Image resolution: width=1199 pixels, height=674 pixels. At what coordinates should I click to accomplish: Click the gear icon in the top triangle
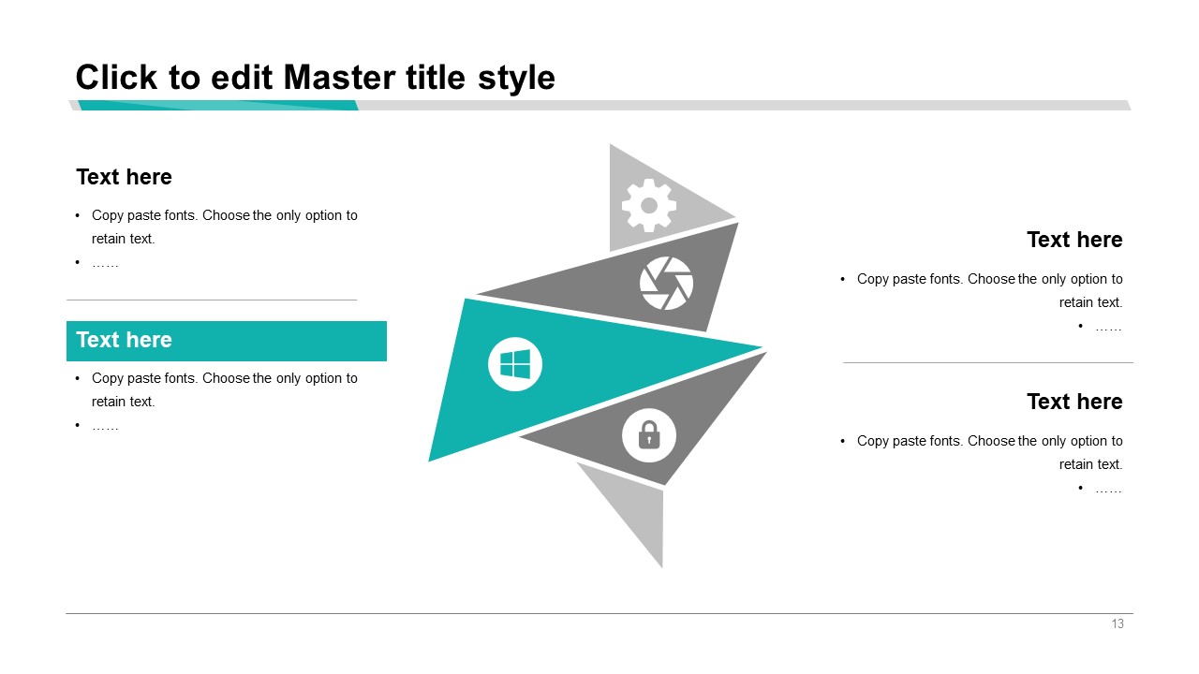click(649, 205)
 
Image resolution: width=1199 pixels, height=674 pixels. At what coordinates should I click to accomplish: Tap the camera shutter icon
click(666, 283)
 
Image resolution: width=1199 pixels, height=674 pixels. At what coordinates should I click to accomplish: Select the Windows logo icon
click(515, 364)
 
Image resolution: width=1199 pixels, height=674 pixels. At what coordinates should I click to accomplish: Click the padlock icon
click(649, 435)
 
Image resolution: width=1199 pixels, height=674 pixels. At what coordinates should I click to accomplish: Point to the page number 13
click(1118, 623)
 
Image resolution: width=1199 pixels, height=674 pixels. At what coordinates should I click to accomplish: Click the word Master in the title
click(340, 78)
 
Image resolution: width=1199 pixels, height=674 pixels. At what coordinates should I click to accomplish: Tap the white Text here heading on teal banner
click(125, 340)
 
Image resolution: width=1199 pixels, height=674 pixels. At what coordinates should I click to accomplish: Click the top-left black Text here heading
click(125, 177)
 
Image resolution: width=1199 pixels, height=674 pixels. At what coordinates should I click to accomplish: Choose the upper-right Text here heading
click(1074, 240)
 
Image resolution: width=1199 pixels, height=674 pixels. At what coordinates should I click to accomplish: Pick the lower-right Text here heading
click(1074, 402)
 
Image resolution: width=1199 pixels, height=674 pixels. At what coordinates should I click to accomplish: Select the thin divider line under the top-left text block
click(212, 300)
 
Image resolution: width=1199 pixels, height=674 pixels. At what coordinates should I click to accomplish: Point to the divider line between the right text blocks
click(988, 362)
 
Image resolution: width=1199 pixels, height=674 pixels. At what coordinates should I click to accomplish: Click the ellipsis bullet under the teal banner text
click(105, 427)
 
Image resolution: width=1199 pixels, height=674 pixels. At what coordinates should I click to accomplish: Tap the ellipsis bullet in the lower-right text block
click(1108, 490)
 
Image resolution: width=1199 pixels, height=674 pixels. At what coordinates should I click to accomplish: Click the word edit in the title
click(242, 78)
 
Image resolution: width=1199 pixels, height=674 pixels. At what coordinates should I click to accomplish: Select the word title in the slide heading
click(436, 78)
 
